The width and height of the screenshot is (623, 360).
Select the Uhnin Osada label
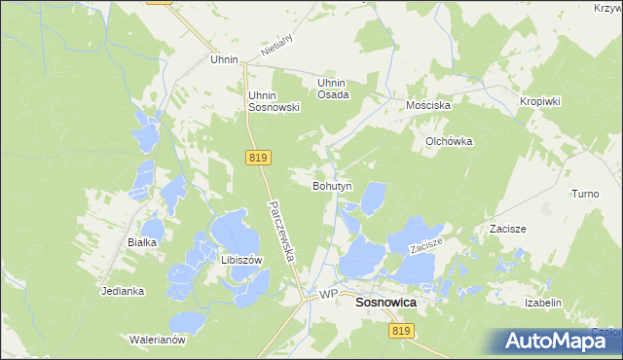pyautogui.click(x=333, y=89)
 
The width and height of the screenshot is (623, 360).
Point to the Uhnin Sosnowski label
pyautogui.click(x=273, y=101)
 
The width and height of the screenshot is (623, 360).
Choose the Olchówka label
pyautogui.click(x=448, y=141)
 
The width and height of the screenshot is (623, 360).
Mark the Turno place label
pyautogui.click(x=585, y=194)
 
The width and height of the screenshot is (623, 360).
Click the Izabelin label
pyautogui.click(x=543, y=303)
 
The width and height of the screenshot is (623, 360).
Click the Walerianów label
pyautogui.click(x=158, y=341)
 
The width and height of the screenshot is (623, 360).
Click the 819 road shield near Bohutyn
pyautogui.click(x=258, y=158)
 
